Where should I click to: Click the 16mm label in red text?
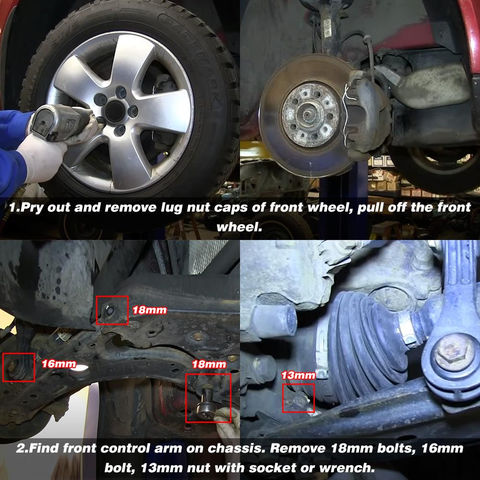(59, 364)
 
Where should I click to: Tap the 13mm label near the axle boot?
(298, 375)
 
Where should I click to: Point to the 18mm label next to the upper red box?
(149, 310)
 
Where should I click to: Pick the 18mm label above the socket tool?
(209, 364)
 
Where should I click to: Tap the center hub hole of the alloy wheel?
(115, 111)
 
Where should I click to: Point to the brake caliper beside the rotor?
(367, 112)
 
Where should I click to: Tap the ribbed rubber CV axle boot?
(361, 343)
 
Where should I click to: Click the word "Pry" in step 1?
(29, 208)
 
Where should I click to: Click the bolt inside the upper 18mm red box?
(109, 311)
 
